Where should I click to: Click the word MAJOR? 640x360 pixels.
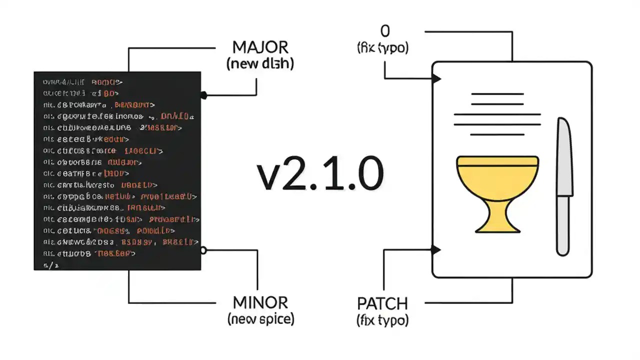260,47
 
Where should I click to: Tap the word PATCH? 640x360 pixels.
382,303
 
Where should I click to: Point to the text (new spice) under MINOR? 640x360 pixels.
260,318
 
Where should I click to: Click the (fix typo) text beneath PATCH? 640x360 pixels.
382,319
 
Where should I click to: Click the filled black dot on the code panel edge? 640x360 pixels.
203,94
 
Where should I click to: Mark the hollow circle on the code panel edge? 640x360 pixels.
203,249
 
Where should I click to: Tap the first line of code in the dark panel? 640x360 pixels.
82,81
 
